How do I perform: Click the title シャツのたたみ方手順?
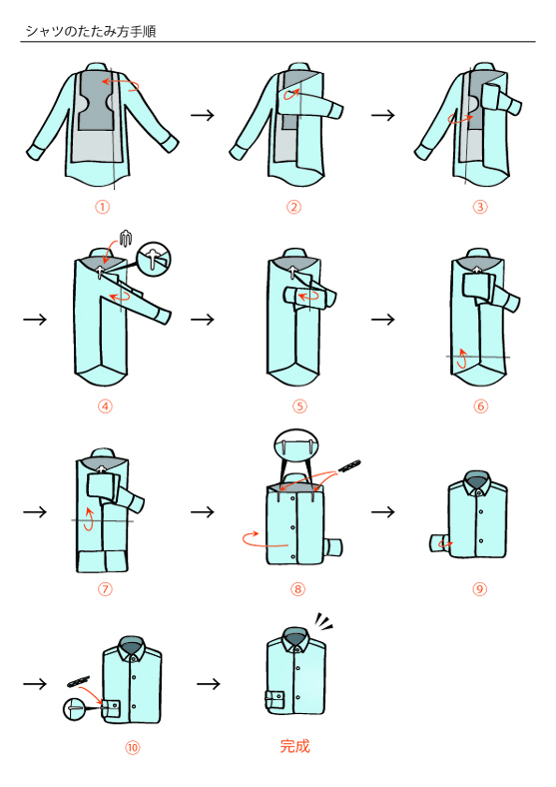pyautogui.click(x=91, y=31)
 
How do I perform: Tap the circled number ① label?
pyautogui.click(x=103, y=207)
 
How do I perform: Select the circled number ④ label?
pyautogui.click(x=105, y=406)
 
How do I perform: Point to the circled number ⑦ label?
pyautogui.click(x=105, y=588)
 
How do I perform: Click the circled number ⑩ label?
pyautogui.click(x=132, y=748)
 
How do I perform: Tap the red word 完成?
pyautogui.click(x=295, y=746)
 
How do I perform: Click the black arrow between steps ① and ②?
pyautogui.click(x=203, y=115)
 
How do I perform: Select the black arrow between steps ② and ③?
pyautogui.click(x=383, y=115)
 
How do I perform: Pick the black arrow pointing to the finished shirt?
pyautogui.click(x=209, y=683)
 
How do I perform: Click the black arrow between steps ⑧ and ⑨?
pyautogui.click(x=383, y=512)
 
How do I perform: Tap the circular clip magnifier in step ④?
pyautogui.click(x=155, y=259)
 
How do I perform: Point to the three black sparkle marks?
pyautogui.click(x=323, y=622)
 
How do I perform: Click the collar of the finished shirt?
pyautogui.click(x=295, y=638)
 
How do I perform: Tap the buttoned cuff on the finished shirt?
pyautogui.click(x=275, y=700)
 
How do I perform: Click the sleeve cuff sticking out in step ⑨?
pyautogui.click(x=439, y=544)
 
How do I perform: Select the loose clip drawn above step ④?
pyautogui.click(x=126, y=237)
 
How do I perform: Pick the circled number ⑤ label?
pyautogui.click(x=299, y=406)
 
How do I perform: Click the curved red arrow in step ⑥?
pyautogui.click(x=462, y=358)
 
